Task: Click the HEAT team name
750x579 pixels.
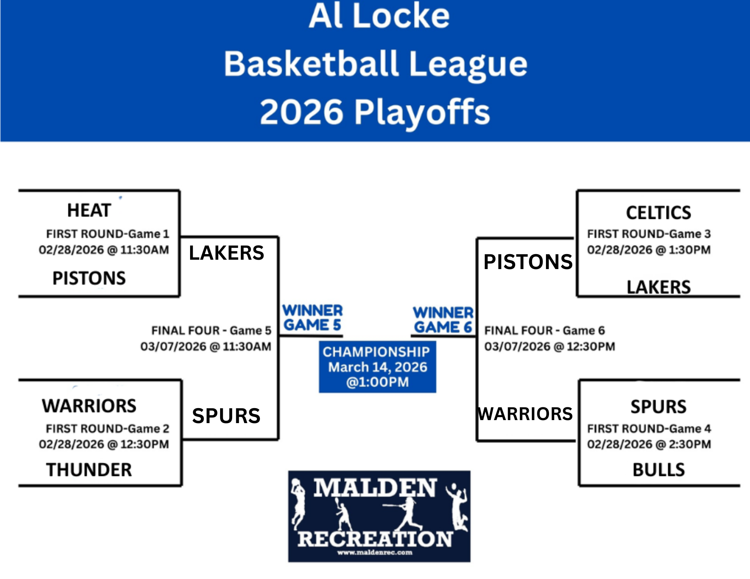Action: [89, 210]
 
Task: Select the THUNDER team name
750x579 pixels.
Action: [89, 470]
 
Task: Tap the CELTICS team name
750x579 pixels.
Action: [658, 213]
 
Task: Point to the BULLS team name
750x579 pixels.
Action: [658, 470]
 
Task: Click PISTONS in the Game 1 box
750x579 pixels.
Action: [89, 278]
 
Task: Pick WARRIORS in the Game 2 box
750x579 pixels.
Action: [89, 406]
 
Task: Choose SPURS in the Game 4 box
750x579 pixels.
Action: [658, 407]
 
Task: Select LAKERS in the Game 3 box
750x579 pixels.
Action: [658, 287]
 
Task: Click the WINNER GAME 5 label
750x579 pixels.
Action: [312, 318]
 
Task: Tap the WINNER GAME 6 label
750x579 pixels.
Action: [443, 320]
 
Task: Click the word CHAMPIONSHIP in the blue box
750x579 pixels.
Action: [376, 352]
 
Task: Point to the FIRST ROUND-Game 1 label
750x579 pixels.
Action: [108, 234]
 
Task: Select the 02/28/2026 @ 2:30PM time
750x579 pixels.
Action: [649, 444]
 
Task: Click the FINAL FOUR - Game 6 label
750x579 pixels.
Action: [544, 331]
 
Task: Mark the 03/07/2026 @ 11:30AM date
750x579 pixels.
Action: [205, 347]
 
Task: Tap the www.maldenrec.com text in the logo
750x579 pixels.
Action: [375, 552]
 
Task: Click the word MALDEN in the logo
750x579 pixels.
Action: [375, 488]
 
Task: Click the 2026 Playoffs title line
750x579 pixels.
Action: [375, 112]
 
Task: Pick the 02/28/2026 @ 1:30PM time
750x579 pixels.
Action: [649, 250]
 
